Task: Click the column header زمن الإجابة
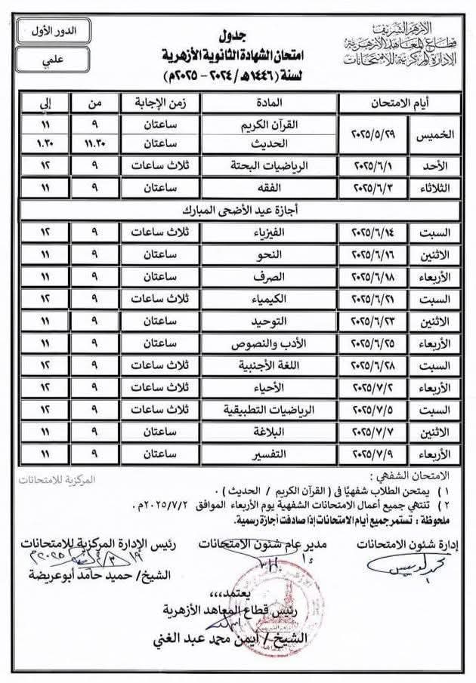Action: [x=159, y=102]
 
